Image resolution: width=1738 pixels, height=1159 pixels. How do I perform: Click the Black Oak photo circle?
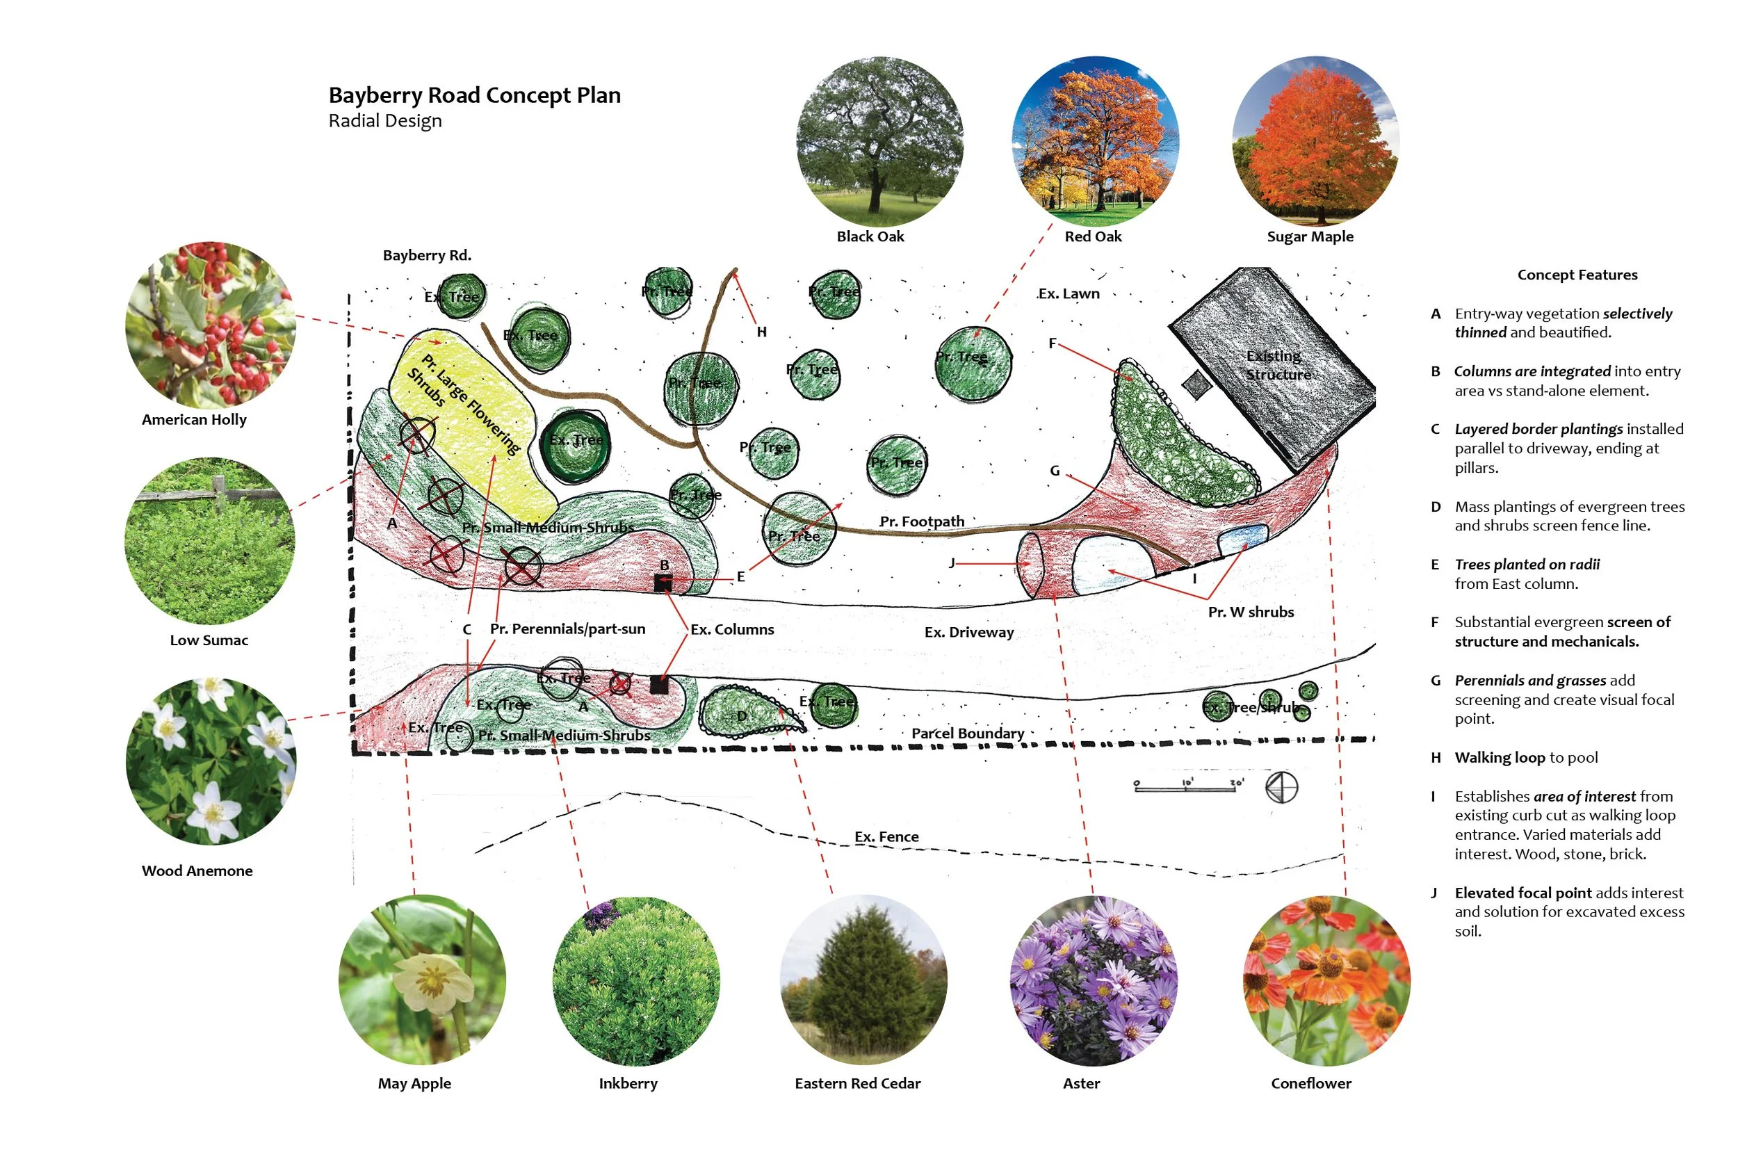click(879, 140)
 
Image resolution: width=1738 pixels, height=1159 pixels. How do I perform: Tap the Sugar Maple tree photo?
click(1315, 140)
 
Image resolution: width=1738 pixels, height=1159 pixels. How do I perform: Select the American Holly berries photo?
click(211, 325)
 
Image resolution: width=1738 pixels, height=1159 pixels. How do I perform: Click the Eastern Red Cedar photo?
click(863, 980)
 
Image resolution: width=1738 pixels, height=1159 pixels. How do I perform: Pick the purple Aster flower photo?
click(1094, 980)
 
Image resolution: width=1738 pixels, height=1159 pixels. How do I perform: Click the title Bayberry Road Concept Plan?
click(474, 95)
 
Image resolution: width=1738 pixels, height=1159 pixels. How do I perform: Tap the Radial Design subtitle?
click(385, 120)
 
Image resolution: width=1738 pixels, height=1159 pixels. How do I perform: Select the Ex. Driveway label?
click(968, 632)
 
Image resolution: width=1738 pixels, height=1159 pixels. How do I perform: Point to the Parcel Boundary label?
click(967, 734)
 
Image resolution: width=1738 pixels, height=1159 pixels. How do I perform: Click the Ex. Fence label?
click(887, 836)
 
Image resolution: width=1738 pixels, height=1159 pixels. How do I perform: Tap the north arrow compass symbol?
click(1281, 787)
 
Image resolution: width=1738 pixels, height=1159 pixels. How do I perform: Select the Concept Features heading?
click(1577, 275)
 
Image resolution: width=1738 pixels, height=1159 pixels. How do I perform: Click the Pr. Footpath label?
click(921, 522)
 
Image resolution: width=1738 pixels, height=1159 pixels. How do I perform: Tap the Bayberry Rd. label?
click(426, 255)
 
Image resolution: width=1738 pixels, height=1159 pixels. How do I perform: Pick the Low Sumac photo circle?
click(210, 541)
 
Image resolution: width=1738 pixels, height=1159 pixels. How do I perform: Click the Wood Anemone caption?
click(197, 870)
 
